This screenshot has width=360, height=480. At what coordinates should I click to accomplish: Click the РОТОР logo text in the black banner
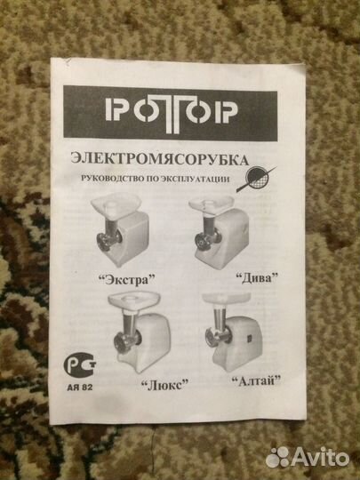172,113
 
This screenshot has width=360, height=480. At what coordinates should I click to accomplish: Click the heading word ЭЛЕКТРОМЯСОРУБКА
159,159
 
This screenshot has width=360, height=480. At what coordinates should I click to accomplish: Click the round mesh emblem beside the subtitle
257,179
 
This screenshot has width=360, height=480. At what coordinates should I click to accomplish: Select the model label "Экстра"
127,279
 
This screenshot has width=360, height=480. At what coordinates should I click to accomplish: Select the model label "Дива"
257,278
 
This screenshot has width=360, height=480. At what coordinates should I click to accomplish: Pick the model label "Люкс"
164,384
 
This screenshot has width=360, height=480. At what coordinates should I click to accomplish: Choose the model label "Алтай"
256,381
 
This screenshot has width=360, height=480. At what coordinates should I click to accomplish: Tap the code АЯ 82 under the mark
80,388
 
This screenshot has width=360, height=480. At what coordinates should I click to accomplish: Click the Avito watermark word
321,458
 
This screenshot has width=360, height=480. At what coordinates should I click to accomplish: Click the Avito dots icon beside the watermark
277,458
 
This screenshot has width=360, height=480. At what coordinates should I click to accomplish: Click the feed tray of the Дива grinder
212,204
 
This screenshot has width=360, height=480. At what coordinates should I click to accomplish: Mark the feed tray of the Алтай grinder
227,298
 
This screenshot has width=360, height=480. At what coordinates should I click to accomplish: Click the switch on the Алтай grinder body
249,339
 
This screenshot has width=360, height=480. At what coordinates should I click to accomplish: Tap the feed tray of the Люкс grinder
134,300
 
